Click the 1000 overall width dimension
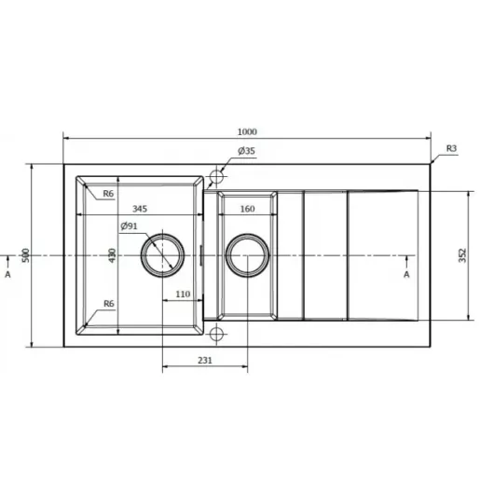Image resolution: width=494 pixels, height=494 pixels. [x=247, y=131]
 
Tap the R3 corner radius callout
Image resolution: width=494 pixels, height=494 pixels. [x=451, y=148]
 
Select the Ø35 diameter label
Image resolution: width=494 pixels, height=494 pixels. [x=247, y=151]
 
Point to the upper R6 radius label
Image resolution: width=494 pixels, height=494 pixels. [x=109, y=194]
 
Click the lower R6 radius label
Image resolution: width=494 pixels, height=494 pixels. [x=109, y=304]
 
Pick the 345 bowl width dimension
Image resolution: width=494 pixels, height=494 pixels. [x=141, y=209]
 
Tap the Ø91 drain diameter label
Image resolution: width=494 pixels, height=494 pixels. [x=130, y=227]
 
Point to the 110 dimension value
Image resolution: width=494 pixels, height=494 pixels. [x=183, y=294]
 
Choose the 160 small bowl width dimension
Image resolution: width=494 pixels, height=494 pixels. [x=247, y=209]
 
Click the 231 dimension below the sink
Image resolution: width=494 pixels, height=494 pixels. [x=206, y=360]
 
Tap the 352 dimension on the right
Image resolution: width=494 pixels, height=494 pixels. [x=463, y=254]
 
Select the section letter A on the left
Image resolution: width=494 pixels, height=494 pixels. [x=8, y=275]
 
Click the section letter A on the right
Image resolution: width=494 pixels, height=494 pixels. [x=406, y=275]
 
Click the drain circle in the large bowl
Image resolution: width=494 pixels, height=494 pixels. [x=163, y=254]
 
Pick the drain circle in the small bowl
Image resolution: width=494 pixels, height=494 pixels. [x=247, y=254]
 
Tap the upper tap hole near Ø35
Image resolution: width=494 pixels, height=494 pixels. [x=217, y=175]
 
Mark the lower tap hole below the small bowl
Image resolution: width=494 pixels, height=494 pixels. [x=217, y=334]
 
